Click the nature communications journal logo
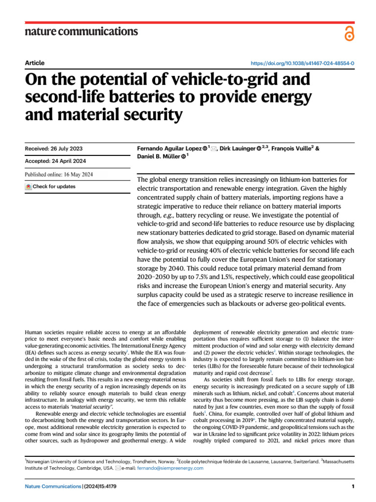81,32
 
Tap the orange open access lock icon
348,33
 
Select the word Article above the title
34,63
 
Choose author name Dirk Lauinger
237,148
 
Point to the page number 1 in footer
352,486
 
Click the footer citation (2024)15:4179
100,486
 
